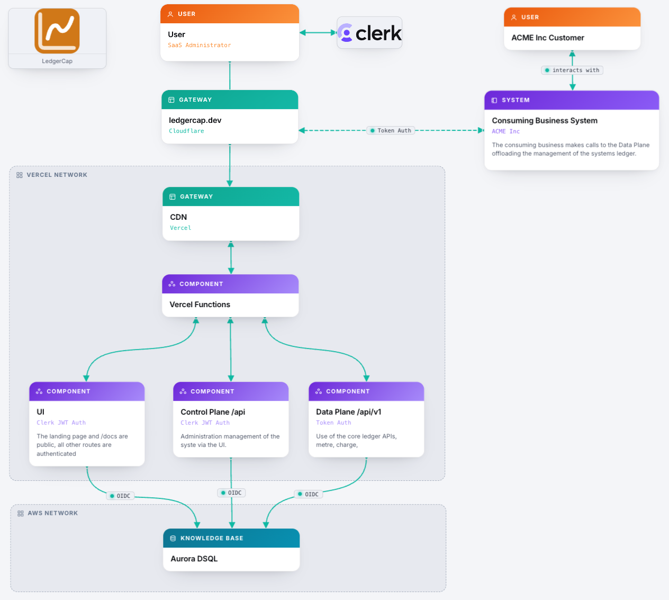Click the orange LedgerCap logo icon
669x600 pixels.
click(x=57, y=31)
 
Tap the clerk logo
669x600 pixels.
click(x=369, y=33)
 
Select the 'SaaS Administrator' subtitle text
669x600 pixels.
click(x=199, y=45)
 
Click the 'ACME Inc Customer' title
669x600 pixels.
click(x=547, y=38)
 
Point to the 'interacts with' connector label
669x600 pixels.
click(x=572, y=70)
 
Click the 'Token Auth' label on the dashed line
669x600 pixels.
click(x=391, y=130)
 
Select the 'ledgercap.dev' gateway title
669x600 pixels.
click(x=195, y=120)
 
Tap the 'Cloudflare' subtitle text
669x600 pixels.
click(x=186, y=131)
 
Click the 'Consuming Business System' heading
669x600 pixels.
click(x=545, y=121)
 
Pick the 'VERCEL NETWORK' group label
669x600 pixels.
click(x=57, y=175)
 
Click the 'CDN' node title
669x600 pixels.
click(x=178, y=217)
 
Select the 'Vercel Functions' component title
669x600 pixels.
click(x=200, y=305)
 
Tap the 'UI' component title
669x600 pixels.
click(x=40, y=411)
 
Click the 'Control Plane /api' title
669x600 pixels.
click(x=213, y=412)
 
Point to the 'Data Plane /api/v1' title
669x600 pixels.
click(x=348, y=412)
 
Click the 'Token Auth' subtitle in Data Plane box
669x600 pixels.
click(x=333, y=423)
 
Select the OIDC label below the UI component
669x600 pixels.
click(x=120, y=496)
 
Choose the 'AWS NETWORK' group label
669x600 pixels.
click(x=53, y=513)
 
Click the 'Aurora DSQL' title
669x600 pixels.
click(x=194, y=559)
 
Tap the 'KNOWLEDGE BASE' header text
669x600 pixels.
click(x=212, y=538)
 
